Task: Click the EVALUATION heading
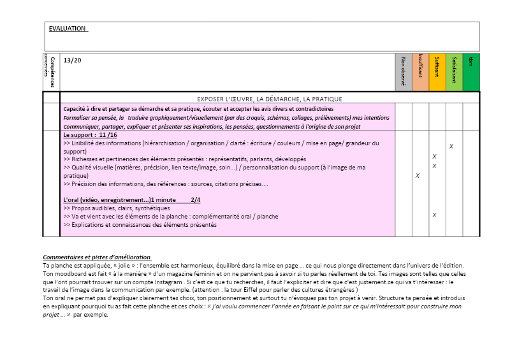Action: (67, 29)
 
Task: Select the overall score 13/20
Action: (73, 61)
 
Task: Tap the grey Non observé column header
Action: (404, 71)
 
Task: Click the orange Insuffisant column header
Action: (420, 71)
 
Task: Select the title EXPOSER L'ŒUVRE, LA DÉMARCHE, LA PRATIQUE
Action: (270, 99)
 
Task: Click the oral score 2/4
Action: (195, 200)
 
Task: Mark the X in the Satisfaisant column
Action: (451, 147)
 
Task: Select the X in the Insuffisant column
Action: (418, 175)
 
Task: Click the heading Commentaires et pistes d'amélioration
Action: (96, 257)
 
